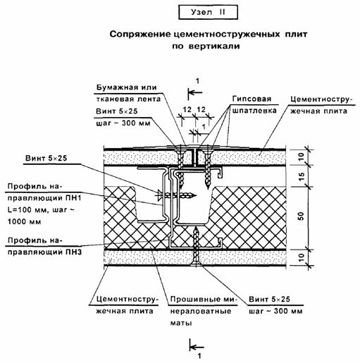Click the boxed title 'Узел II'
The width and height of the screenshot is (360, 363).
tap(208, 12)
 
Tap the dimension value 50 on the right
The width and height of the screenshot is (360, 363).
tap(302, 216)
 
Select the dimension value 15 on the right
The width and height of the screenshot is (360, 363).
tap(302, 176)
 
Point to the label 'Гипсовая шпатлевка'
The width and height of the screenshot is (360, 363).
tap(254, 104)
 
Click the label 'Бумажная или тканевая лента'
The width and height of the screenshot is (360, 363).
tap(128, 93)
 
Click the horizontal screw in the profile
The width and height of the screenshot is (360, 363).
tap(176, 195)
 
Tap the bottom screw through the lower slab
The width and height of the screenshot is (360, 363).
tap(196, 247)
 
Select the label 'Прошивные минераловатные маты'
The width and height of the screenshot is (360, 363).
tap(204, 311)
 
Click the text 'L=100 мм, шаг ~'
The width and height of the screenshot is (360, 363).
tap(41, 210)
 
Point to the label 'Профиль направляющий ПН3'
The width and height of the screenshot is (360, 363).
tap(44, 246)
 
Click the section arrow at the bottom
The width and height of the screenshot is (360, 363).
tap(197, 347)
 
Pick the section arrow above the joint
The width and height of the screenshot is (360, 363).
tap(195, 92)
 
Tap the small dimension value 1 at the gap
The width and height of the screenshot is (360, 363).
tap(204, 127)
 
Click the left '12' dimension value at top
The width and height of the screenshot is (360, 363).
tap(187, 110)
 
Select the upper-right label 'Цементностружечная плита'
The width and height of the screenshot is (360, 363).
tap(321, 105)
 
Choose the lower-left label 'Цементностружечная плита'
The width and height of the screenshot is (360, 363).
tap(126, 305)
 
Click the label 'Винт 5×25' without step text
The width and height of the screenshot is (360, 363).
tap(46, 159)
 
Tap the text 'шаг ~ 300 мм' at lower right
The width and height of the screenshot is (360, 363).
tap(275, 312)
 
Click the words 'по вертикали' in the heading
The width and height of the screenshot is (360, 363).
tap(206, 46)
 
